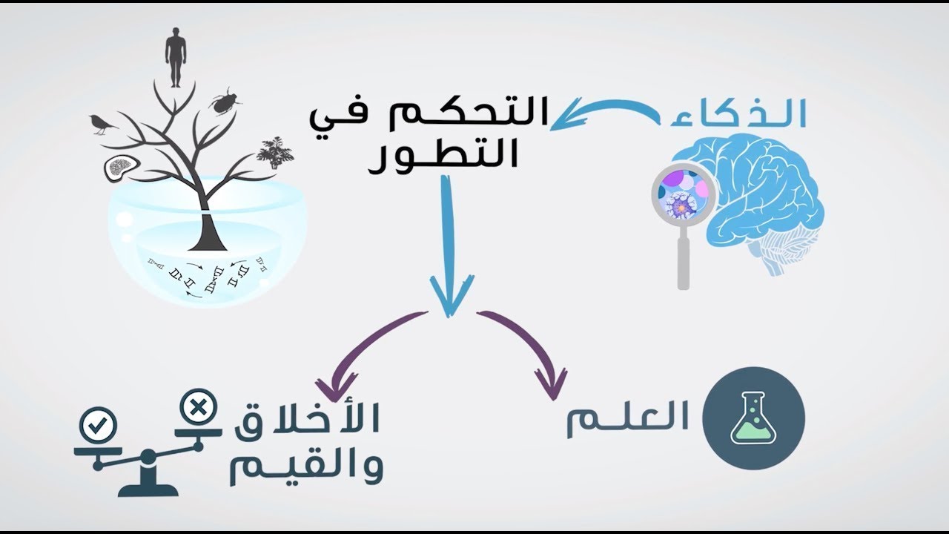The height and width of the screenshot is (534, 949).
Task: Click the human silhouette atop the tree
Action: [173, 58]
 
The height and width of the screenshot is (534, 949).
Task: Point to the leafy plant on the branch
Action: [275, 152]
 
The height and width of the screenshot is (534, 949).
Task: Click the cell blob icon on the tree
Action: [122, 168]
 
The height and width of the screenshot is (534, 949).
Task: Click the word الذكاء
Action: [738, 113]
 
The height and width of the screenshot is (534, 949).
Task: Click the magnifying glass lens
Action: [684, 195]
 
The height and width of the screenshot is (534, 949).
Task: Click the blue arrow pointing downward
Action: [449, 245]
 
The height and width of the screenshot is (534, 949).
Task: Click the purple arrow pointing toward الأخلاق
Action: [368, 344]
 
